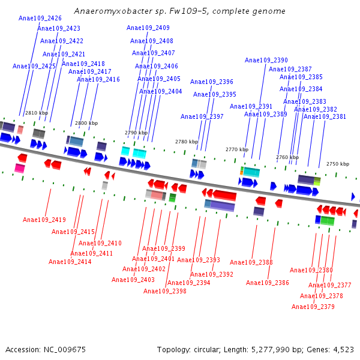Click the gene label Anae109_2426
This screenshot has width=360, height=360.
pyautogui.click(x=40, y=18)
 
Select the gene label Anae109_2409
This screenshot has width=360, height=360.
pyautogui.click(x=148, y=28)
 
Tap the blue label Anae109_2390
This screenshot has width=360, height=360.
pyautogui.click(x=266, y=60)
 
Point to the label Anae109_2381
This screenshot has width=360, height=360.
pyautogui.click(x=325, y=116)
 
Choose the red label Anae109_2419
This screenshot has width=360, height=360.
pyautogui.click(x=44, y=220)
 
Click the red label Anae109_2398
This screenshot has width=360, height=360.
pyautogui.click(x=165, y=291)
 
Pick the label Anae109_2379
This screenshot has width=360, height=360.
pyautogui.click(x=313, y=307)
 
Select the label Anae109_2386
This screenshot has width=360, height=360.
pyautogui.click(x=268, y=283)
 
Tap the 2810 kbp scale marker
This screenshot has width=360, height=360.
pyautogui.click(x=36, y=113)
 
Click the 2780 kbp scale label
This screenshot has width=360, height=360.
pyautogui.click(x=187, y=142)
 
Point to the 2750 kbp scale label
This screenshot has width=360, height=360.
pyautogui.click(x=338, y=164)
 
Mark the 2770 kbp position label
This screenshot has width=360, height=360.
pyautogui.click(x=237, y=149)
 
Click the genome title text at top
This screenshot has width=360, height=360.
pyautogui.click(x=180, y=11)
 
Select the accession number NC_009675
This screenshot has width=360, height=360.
pyautogui.click(x=65, y=349)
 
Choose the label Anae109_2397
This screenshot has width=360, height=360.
pyautogui.click(x=202, y=116)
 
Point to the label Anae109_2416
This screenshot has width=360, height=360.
pyautogui.click(x=98, y=79)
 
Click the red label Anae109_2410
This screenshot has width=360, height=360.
pyautogui.click(x=100, y=243)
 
